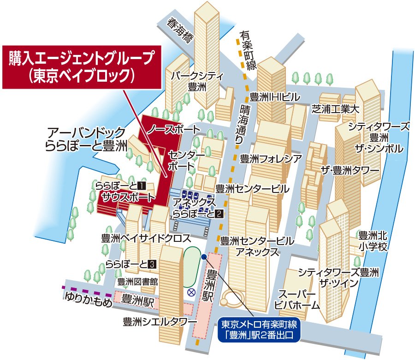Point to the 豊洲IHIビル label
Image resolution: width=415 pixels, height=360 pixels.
(275, 97)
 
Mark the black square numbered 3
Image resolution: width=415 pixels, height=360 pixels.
(153, 264)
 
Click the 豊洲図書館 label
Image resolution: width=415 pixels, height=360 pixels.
(137, 281)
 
